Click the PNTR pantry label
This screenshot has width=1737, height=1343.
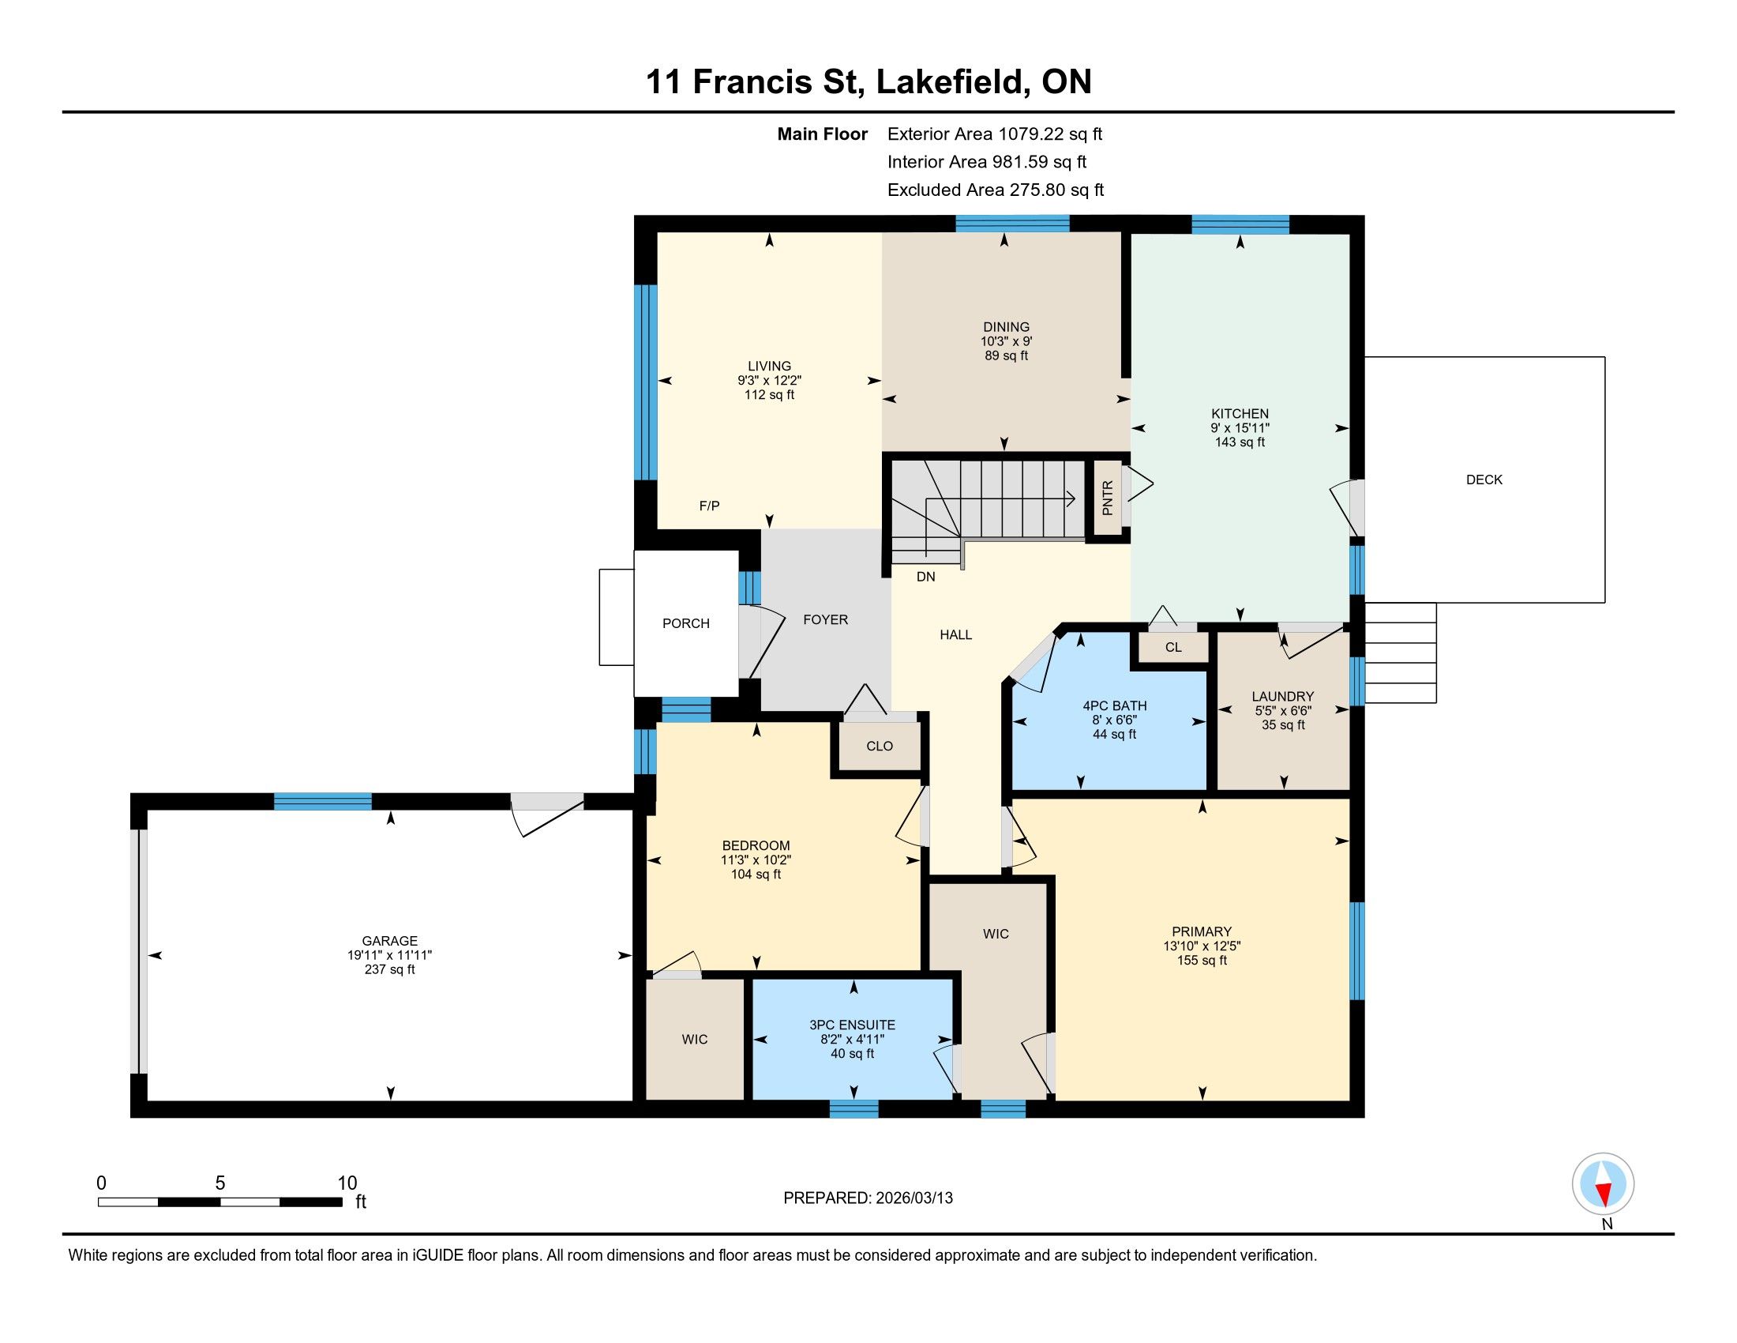(x=1108, y=497)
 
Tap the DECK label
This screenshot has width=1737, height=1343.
(x=1484, y=480)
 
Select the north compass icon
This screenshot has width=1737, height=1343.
(x=1603, y=1184)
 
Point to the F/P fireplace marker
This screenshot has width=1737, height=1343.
(x=710, y=506)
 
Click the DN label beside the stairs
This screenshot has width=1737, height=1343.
(x=926, y=577)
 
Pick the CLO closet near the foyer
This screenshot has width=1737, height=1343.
(x=880, y=747)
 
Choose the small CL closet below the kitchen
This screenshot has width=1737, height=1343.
(x=1173, y=647)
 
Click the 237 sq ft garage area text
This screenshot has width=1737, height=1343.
(x=390, y=970)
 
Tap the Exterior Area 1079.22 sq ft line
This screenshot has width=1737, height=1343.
(x=995, y=134)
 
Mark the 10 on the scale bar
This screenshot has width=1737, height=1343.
(x=347, y=1183)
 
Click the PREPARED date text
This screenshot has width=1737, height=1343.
(x=868, y=1198)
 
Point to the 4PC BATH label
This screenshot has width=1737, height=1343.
(x=1114, y=705)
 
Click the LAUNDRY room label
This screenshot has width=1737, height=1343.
(x=1283, y=696)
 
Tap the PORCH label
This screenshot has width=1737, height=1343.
(x=685, y=624)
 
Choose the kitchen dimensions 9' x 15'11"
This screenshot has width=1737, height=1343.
(x=1240, y=428)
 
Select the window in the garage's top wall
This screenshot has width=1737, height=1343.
(x=323, y=801)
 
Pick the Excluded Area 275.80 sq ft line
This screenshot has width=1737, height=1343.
(x=996, y=190)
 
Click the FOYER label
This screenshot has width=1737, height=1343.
(x=826, y=620)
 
